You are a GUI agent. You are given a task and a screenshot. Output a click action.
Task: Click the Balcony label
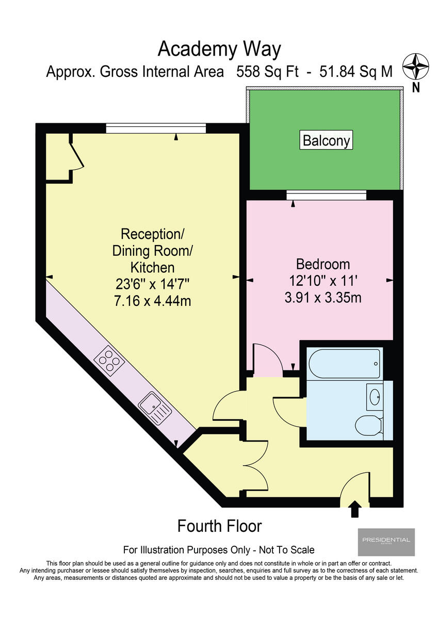click(x=326, y=140)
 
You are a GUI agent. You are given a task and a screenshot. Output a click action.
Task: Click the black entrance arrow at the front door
click(x=355, y=509)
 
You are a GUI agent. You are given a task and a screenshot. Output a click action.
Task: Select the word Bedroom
click(x=323, y=265)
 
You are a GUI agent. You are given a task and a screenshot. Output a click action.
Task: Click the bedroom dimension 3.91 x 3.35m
click(x=323, y=298)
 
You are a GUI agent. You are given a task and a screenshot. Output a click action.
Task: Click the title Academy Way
click(x=219, y=50)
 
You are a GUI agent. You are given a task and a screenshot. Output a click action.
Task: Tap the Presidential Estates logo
click(x=386, y=542)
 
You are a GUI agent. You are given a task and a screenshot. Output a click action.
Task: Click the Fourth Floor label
click(x=219, y=526)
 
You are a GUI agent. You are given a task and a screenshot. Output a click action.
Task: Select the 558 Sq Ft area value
click(x=267, y=72)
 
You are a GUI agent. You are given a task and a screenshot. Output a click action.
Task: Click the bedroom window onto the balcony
click(x=326, y=194)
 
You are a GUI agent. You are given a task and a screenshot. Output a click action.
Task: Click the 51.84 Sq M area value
click(x=356, y=72)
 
